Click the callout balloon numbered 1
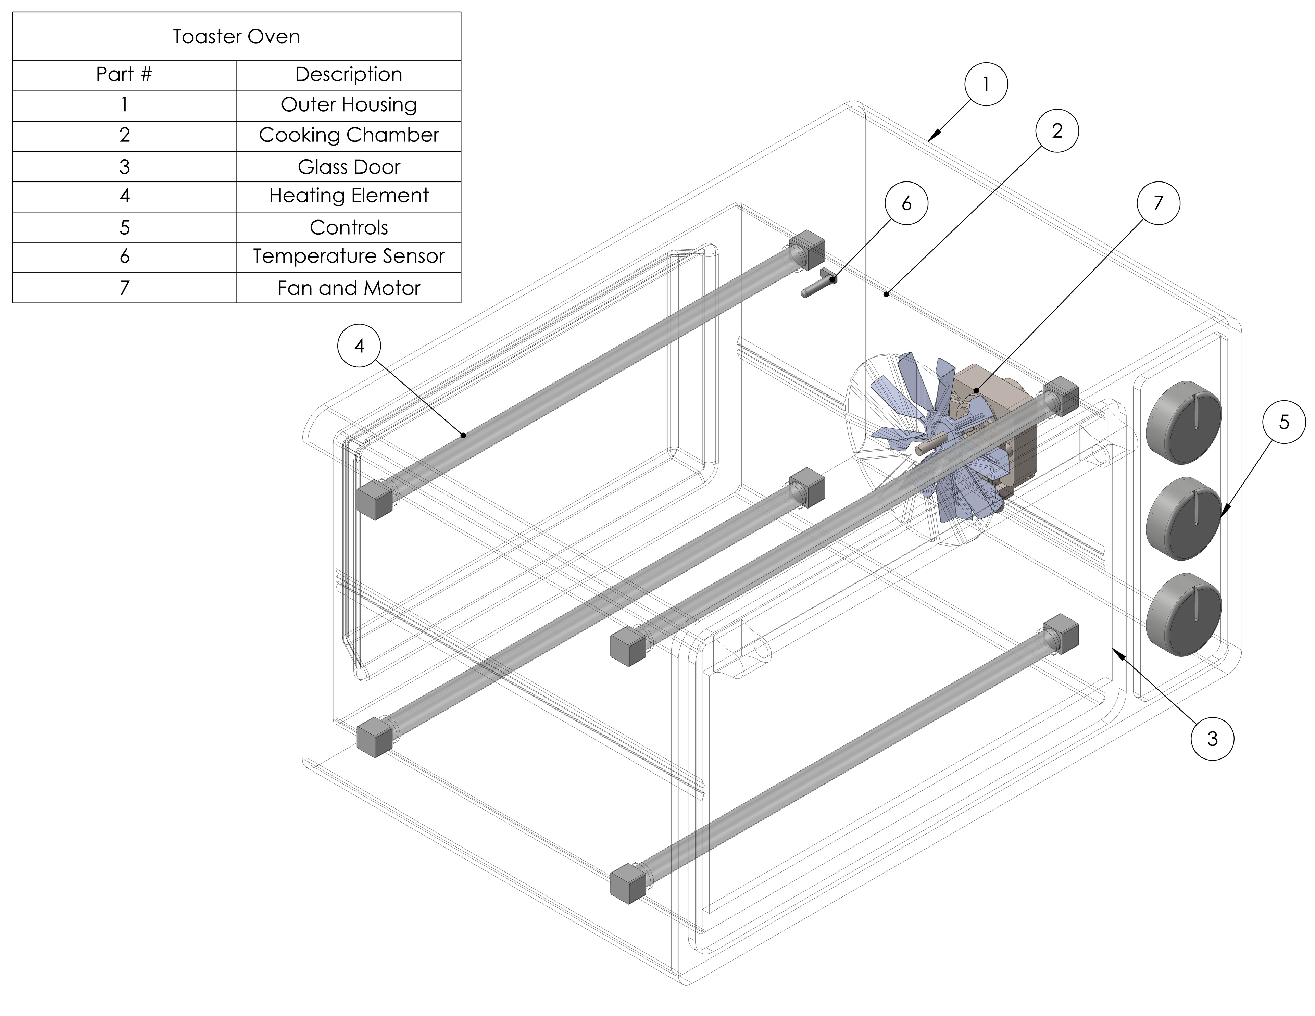tap(986, 84)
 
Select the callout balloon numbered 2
tap(1057, 131)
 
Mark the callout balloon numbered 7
tap(1158, 203)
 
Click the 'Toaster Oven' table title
tap(237, 37)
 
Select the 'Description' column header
tap(349, 75)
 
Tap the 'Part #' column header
tap(124, 75)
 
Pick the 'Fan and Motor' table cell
tap(349, 288)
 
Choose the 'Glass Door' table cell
tap(349, 167)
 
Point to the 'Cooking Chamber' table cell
tap(349, 135)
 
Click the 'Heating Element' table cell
tap(349, 196)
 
